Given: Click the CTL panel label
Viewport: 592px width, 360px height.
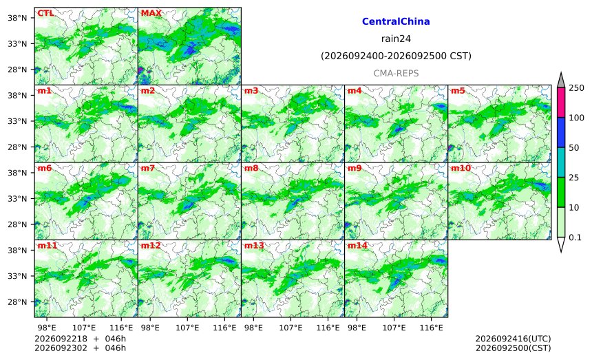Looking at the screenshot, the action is pos(45,13).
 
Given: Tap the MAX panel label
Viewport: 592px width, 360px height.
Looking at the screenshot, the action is pos(151,13).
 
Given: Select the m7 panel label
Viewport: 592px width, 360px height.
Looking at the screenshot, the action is pos(148,168).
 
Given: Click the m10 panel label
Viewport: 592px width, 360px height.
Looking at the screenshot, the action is pos(461,168).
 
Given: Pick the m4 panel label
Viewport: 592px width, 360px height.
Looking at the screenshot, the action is pos(355,91).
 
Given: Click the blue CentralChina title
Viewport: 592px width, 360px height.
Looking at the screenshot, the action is pos(396,21).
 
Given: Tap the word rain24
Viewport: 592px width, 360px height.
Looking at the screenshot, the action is pos(396,39).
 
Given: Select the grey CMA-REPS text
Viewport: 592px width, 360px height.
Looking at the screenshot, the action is pos(396,73).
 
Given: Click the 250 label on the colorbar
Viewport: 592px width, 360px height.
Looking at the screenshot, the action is pos(576,88).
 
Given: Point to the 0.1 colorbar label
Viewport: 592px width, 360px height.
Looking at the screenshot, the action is pos(575,237).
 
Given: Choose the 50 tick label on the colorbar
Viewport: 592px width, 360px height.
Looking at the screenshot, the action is pos(574,147).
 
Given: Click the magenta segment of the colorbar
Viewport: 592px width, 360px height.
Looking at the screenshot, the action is pos(561,103).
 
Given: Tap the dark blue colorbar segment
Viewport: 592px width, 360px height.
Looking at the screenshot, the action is pos(561,132).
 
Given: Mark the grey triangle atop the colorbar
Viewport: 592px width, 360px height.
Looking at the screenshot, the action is pos(561,80).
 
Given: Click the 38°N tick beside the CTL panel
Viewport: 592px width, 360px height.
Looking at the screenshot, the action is pos(17,18).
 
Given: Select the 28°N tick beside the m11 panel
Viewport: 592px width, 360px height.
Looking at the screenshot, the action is pos(17,302).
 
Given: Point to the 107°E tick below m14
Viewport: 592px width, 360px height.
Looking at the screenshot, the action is pos(394,328).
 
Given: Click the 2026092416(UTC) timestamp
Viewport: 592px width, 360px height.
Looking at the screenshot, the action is pos(513,339).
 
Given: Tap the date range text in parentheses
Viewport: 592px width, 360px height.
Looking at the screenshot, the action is pos(396,56).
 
